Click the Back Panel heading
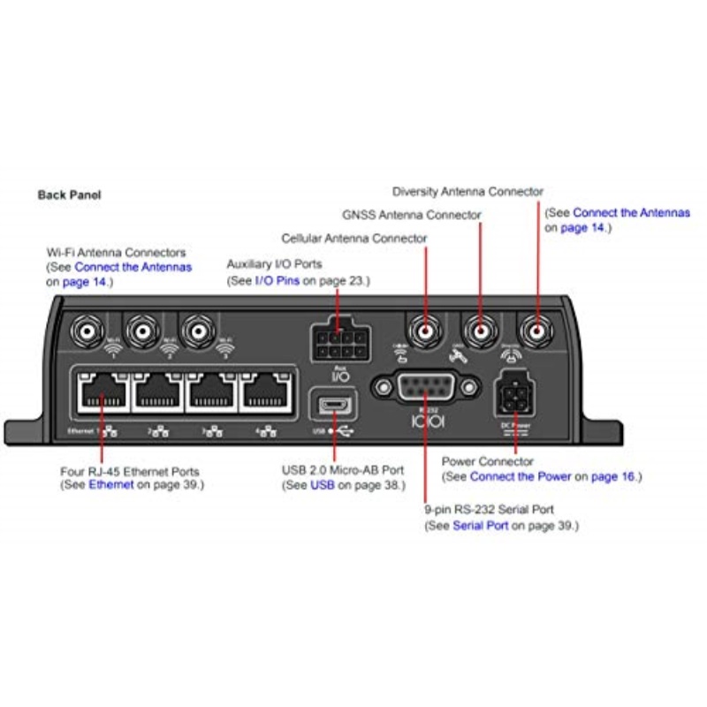(x=69, y=194)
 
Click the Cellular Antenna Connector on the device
(x=425, y=331)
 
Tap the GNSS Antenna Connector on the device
(x=481, y=331)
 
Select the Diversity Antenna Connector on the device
(x=536, y=331)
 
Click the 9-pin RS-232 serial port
(x=426, y=388)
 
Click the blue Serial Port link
(x=481, y=526)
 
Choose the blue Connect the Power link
(x=521, y=477)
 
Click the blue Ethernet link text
(x=111, y=485)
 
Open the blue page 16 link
(x=614, y=477)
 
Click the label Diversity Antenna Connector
(x=468, y=191)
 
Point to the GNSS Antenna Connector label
(x=411, y=215)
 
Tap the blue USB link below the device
(x=322, y=485)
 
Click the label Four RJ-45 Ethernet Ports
(x=129, y=472)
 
